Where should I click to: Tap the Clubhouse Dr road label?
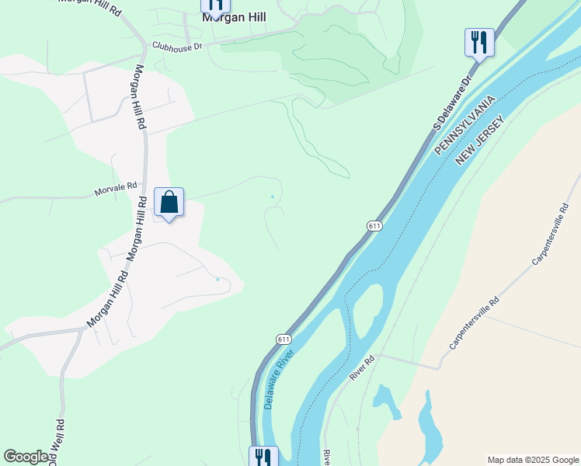(177, 46)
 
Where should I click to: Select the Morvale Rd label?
(115, 187)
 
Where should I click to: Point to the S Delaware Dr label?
(453, 102)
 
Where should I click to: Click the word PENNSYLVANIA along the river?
(464, 126)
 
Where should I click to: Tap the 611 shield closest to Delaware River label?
(284, 339)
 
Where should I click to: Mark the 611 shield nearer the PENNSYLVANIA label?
(374, 226)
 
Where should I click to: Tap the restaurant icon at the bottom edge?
(263, 457)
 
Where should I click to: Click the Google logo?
(26, 457)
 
